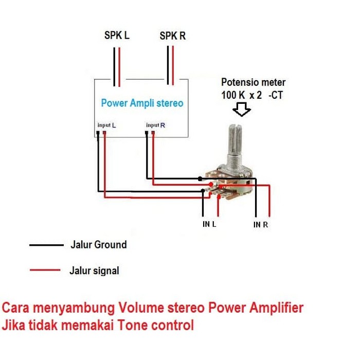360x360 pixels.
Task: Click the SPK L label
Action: [117, 37]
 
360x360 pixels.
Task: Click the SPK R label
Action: [172, 37]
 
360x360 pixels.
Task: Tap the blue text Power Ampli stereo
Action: [142, 103]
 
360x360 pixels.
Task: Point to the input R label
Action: [155, 125]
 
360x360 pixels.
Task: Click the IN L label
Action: [209, 225]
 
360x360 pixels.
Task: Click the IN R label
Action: [261, 225]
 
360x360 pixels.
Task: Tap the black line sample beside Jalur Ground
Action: [45, 245]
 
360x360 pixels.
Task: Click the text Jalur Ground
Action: [98, 245]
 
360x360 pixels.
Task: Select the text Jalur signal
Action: [94, 271]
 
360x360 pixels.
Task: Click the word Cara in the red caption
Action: [15, 309]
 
